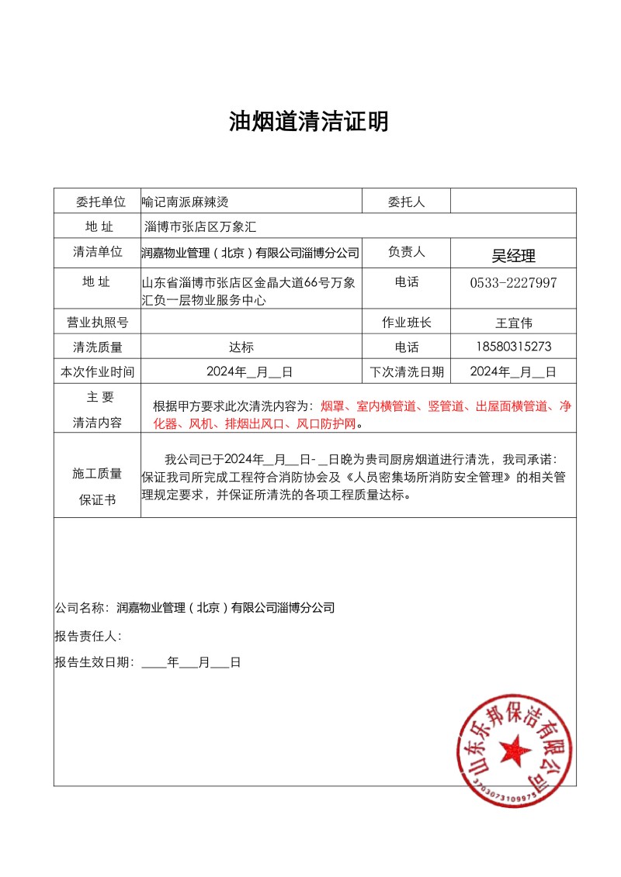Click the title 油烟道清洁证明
click(309, 122)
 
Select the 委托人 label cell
click(406, 202)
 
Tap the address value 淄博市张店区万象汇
click(200, 226)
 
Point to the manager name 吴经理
click(513, 255)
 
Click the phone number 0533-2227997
click(513, 282)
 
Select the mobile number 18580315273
click(513, 347)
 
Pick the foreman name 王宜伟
click(513, 322)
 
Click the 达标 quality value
click(241, 347)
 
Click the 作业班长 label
click(406, 322)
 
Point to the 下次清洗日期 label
click(406, 372)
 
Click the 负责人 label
click(406, 252)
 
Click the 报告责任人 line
click(88, 636)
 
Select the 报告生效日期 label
click(93, 662)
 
